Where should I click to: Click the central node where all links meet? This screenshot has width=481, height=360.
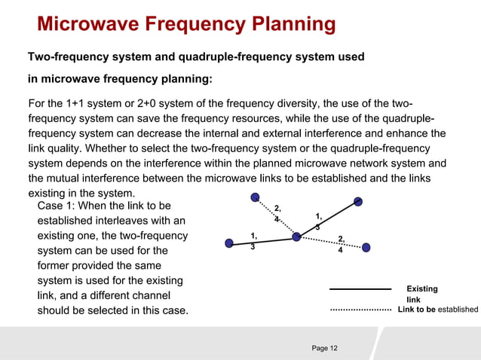pyautogui.click(x=296, y=236)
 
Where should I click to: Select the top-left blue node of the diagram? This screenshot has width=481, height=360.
pyautogui.click(x=256, y=197)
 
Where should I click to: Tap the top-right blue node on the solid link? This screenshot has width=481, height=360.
pyautogui.click(x=359, y=201)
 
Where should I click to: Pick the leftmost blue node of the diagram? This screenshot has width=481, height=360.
pyautogui.click(x=229, y=243)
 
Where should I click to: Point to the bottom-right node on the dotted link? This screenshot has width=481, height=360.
pyautogui.click(x=366, y=247)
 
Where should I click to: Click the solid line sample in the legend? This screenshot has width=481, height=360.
pyautogui.click(x=360, y=288)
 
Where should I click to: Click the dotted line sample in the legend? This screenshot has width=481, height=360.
pyautogui.click(x=360, y=310)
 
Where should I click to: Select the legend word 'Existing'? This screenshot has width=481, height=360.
pyautogui.click(x=421, y=288)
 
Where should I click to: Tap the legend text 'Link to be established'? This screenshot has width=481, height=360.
pyautogui.click(x=437, y=310)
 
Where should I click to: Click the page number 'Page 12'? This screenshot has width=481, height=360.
pyautogui.click(x=325, y=347)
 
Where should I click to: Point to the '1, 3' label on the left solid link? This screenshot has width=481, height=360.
pyautogui.click(x=255, y=242)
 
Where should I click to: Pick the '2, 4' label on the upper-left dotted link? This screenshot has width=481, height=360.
pyautogui.click(x=277, y=213)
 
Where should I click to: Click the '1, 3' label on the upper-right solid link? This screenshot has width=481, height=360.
pyautogui.click(x=319, y=221)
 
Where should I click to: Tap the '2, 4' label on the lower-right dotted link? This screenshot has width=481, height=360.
pyautogui.click(x=341, y=244)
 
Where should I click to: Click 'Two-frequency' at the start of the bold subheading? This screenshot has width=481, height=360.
pyautogui.click(x=66, y=57)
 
